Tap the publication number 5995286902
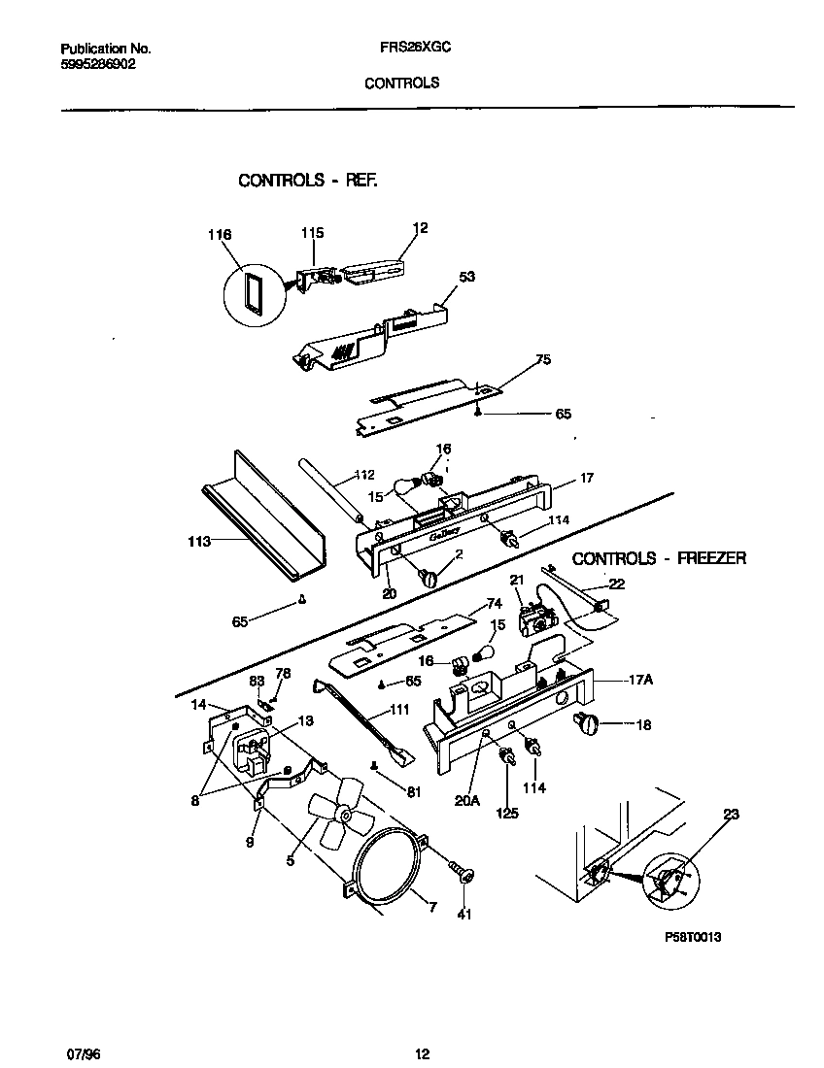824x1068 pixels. pos(98,63)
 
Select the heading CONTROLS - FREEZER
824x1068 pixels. pos(659,558)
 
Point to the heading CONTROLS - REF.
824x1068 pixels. pos(307,181)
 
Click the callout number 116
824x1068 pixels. pos(221,235)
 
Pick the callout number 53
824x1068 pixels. pos(467,277)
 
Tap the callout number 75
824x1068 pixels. pos(543,359)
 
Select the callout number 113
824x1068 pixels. pos(198,542)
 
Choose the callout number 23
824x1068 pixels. pos(731,814)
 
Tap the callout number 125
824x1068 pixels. pos(506,813)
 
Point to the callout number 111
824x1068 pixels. pos(398,710)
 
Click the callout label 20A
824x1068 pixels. pos(467,800)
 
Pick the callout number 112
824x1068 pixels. pos(364,475)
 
